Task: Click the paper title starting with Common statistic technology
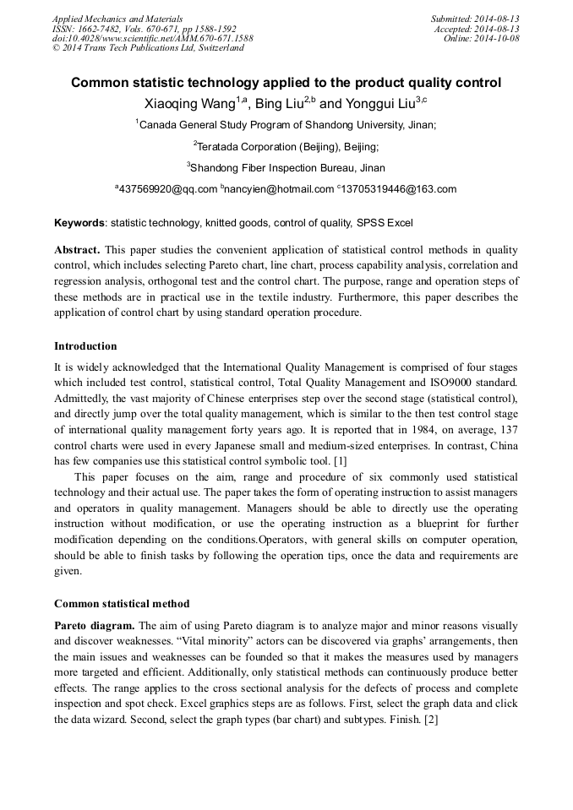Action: (x=286, y=83)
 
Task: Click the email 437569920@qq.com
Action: (x=167, y=189)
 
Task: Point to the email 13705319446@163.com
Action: (x=399, y=189)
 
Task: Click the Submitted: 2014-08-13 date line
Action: (x=475, y=19)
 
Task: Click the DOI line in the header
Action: (x=152, y=38)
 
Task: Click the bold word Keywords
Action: (x=79, y=223)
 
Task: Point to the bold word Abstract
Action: (x=77, y=251)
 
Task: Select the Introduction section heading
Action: (x=85, y=346)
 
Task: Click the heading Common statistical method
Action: (x=122, y=604)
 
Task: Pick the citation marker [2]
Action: (x=430, y=720)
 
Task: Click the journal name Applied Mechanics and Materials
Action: (x=117, y=19)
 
